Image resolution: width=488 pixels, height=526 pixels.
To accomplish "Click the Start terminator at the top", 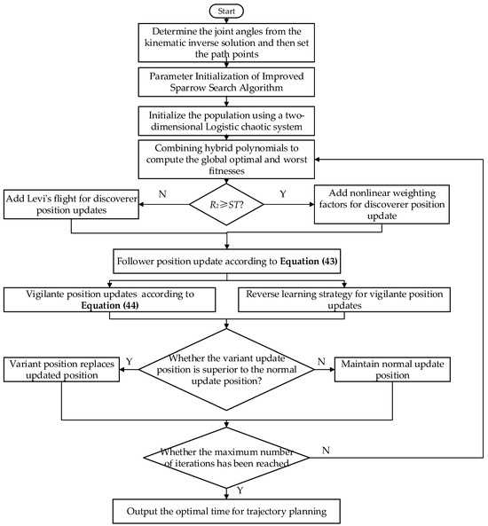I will tap(228, 11).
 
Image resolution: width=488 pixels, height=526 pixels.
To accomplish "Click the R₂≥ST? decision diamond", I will tap(228, 207).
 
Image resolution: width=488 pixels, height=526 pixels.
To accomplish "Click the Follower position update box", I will tap(228, 263).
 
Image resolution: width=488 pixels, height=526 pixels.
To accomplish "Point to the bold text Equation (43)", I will tap(307, 263).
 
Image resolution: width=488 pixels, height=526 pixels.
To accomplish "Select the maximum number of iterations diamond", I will tap(228, 457).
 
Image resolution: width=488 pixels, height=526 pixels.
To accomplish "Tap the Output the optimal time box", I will tap(228, 511).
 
